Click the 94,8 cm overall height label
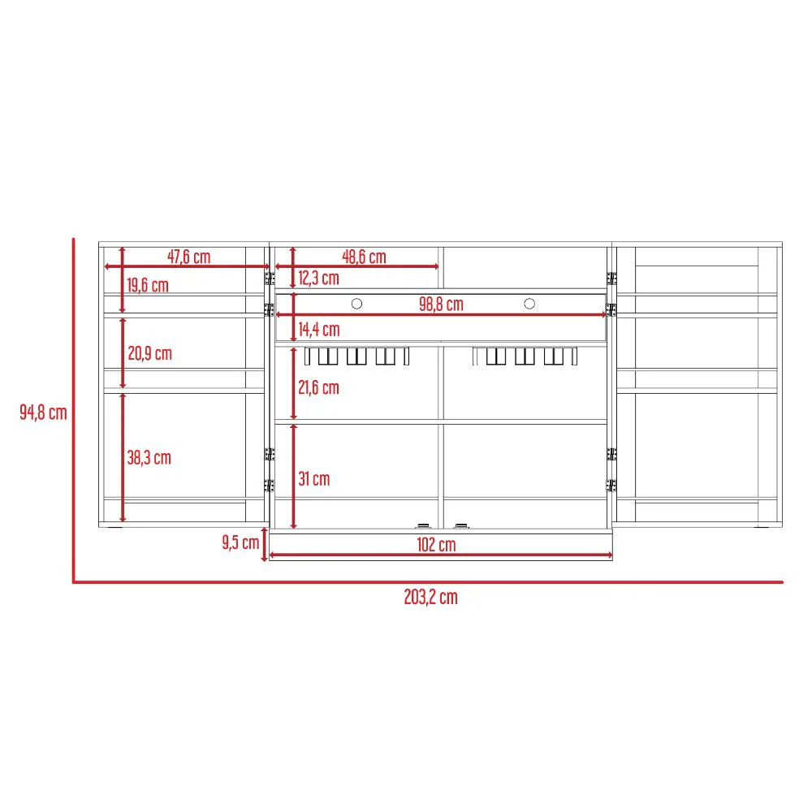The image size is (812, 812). click(x=44, y=412)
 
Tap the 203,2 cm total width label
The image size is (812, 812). click(x=431, y=597)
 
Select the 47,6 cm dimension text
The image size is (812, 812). click(x=188, y=257)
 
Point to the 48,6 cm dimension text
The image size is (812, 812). click(x=364, y=257)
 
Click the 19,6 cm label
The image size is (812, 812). click(x=148, y=285)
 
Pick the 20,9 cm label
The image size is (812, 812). click(x=150, y=353)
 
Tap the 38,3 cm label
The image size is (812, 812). click(x=149, y=458)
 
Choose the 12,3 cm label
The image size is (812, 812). click(x=318, y=278)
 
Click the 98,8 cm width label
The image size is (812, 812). click(x=441, y=304)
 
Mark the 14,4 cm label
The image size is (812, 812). click(x=319, y=330)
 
